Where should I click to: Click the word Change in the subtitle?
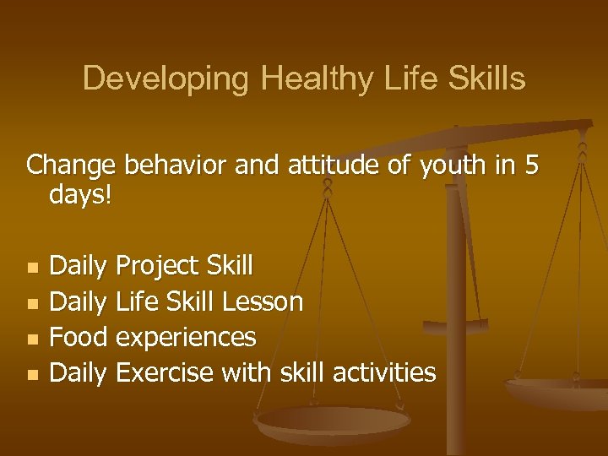click(x=73, y=165)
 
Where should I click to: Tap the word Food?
click(x=79, y=337)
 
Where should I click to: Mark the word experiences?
click(x=186, y=338)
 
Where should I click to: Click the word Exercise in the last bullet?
click(x=165, y=372)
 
